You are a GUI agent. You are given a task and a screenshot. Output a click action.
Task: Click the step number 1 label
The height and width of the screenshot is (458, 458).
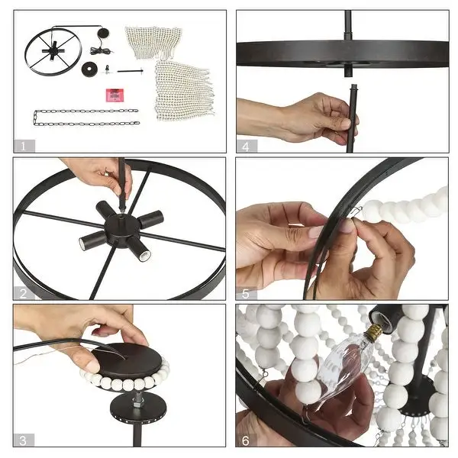coord(24,146)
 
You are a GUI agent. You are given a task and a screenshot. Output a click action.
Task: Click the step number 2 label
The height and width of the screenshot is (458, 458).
coord(24,293)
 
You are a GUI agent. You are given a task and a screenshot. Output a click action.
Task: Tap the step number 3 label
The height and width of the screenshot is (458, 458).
coord(23,440)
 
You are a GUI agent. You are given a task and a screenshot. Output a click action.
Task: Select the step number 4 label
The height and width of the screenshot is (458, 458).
coord(246,146)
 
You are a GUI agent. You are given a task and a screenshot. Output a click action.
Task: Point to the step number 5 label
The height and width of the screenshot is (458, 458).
coord(245,293)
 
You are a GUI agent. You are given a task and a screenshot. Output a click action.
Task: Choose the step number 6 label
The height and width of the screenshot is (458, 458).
coord(246,440)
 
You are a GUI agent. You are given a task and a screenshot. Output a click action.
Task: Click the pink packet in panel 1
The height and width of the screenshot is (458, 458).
coord(114,95)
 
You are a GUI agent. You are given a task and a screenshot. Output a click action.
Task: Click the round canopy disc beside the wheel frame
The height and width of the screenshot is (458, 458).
coord(89,69)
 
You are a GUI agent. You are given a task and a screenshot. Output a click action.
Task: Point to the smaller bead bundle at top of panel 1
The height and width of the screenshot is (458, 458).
coord(153,41)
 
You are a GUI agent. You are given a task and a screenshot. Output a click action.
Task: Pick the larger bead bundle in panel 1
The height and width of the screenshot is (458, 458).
coord(184,90)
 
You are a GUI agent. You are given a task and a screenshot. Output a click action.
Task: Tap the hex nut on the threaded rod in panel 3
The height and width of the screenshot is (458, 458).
coord(137,405)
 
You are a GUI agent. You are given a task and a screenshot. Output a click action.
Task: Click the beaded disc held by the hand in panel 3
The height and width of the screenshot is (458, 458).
coord(126,366)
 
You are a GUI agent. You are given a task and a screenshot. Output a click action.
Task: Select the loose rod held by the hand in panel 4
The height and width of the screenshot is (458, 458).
coord(351,118)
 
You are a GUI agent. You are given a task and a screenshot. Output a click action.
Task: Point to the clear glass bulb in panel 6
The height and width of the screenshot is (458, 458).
coord(344,366)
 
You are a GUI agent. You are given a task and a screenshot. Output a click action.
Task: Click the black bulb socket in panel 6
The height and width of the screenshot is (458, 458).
coord(383,320)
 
